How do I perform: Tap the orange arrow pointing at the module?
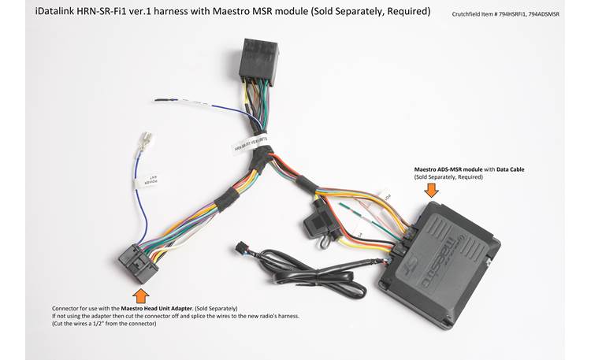point(433,190)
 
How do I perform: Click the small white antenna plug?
point(147,143)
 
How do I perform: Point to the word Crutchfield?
point(470,14)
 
